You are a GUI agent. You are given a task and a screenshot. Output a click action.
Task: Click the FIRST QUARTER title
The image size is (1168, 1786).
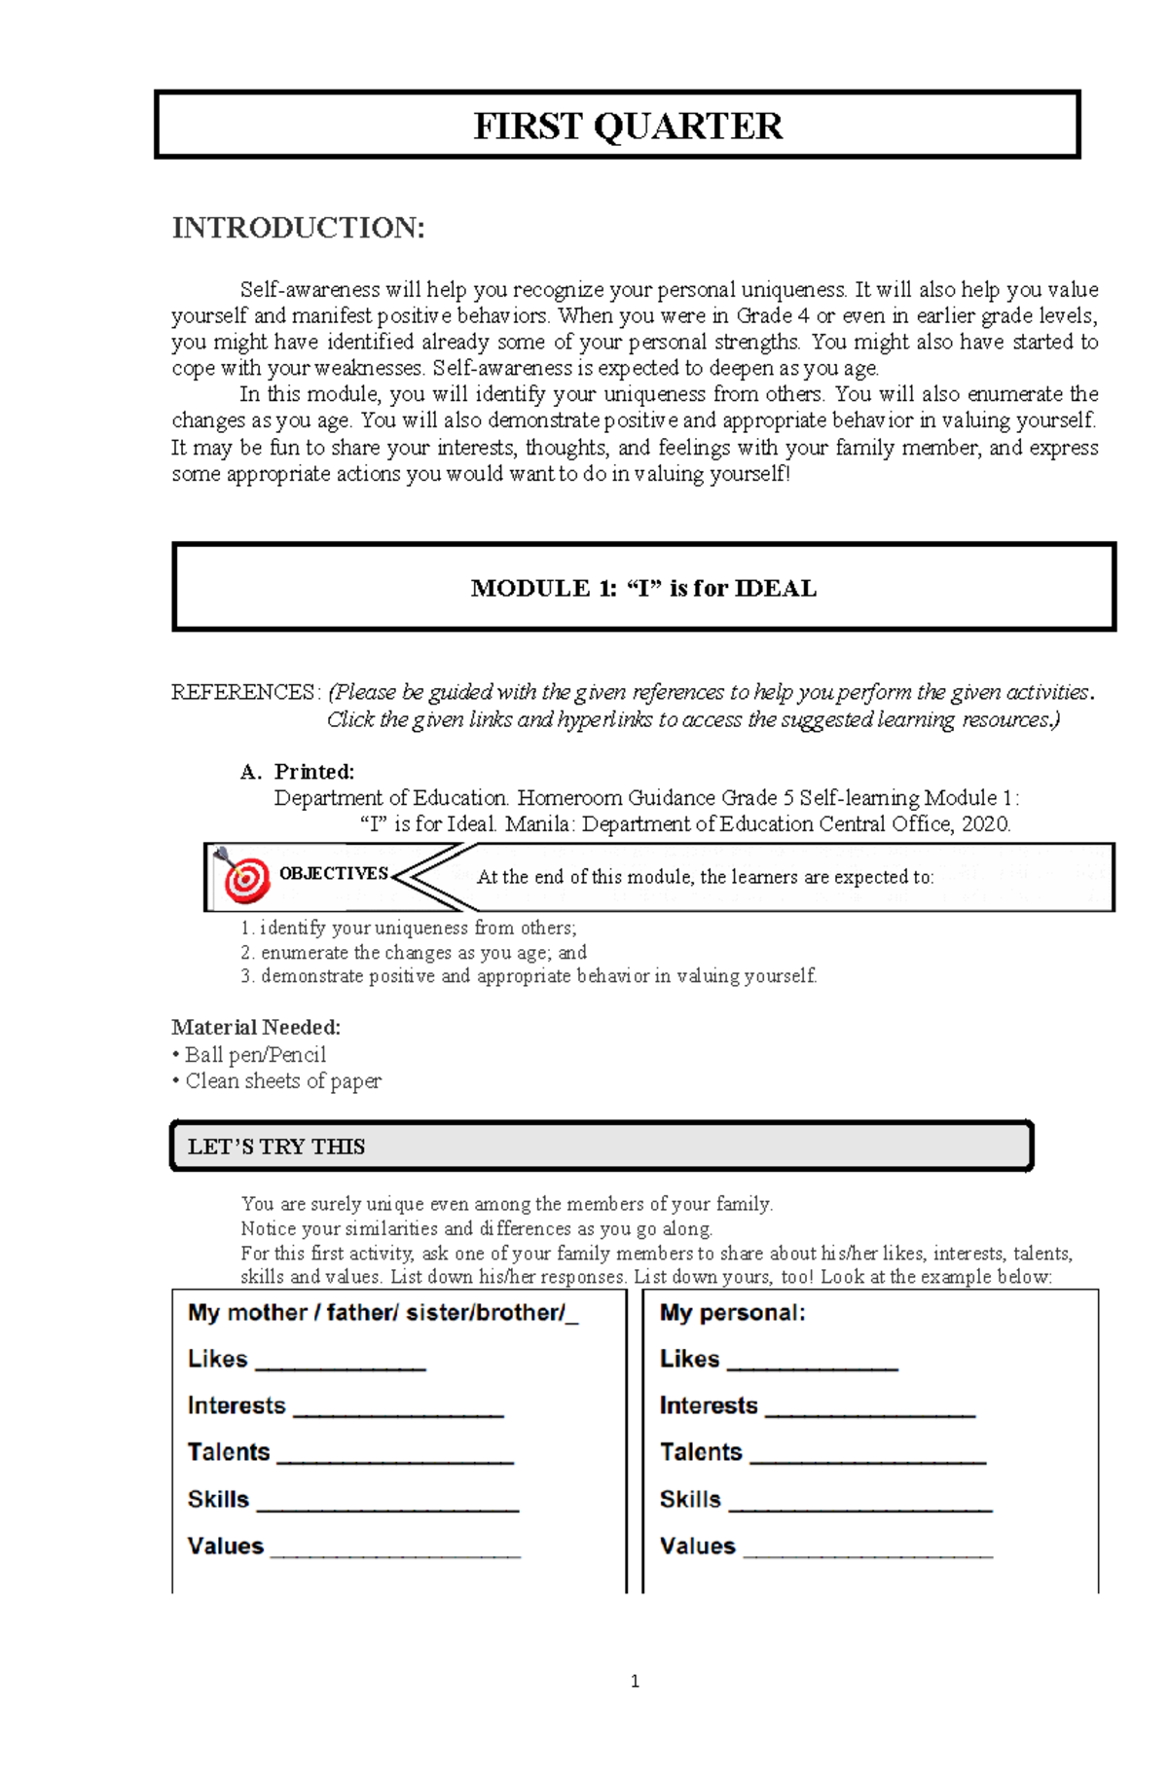click(x=627, y=127)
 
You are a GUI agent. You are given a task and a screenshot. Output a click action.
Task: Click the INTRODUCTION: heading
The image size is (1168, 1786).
click(x=298, y=228)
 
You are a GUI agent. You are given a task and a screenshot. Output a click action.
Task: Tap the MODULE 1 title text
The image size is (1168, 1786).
click(x=643, y=588)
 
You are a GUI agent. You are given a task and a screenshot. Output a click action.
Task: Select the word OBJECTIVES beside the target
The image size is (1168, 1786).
click(x=334, y=873)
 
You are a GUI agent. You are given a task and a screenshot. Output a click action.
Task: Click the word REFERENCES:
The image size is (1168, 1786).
click(x=244, y=692)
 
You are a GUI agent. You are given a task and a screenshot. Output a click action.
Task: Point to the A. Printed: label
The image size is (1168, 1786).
click(x=297, y=772)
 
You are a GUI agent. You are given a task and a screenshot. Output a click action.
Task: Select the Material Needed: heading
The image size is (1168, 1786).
click(x=256, y=1027)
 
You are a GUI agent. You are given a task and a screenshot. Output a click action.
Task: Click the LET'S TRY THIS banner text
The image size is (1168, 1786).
click(x=276, y=1147)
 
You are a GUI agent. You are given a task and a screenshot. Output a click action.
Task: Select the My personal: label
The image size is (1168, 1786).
click(x=732, y=1312)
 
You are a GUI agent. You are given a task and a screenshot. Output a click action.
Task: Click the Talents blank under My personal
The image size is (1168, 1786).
click(x=867, y=1455)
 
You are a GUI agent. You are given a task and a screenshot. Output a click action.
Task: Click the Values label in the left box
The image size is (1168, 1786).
click(x=226, y=1546)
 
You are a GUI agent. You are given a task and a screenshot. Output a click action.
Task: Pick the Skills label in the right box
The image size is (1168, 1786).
click(x=690, y=1499)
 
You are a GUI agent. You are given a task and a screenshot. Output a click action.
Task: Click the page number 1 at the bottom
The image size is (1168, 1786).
click(x=635, y=1681)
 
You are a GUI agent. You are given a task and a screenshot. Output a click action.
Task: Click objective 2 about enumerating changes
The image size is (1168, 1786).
click(x=414, y=952)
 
